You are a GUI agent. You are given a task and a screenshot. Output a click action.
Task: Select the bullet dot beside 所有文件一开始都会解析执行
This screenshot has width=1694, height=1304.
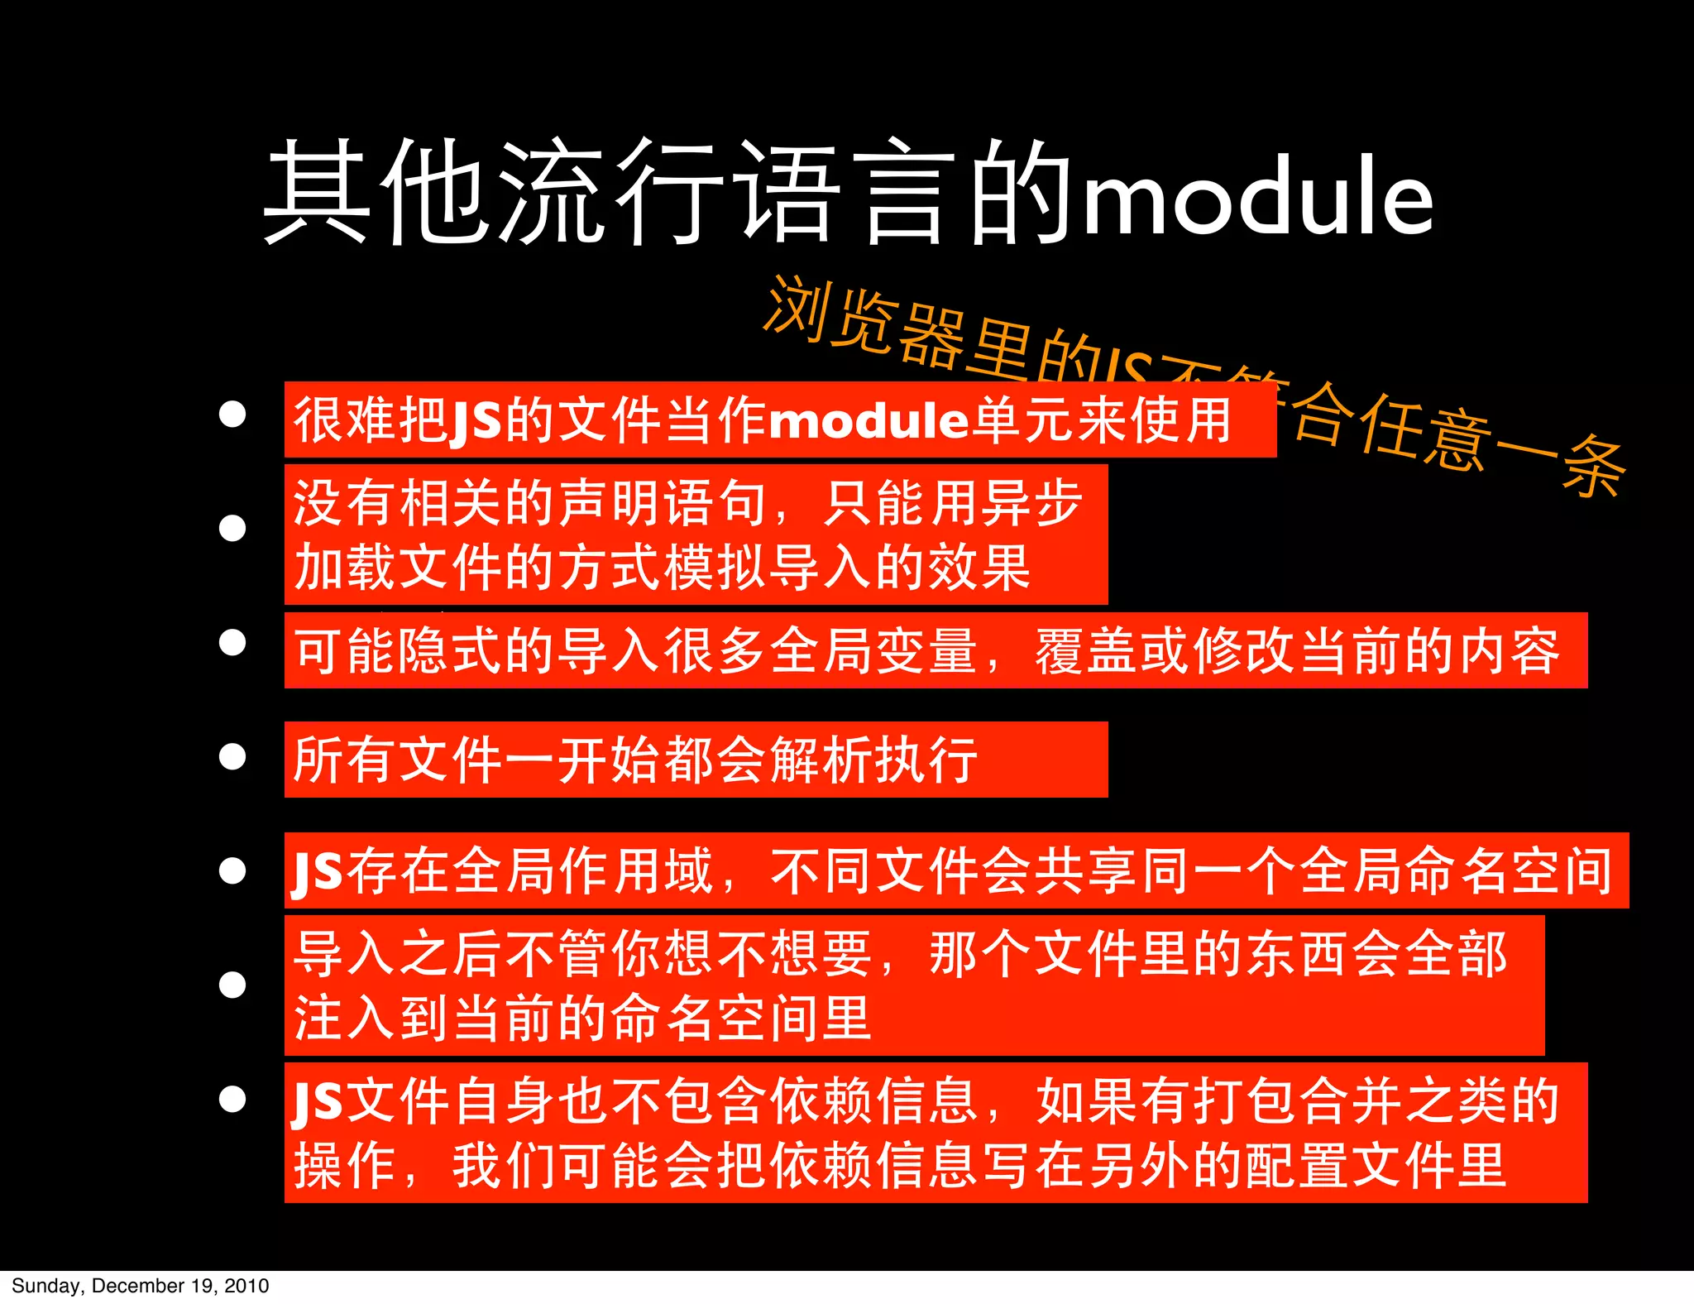[x=232, y=756]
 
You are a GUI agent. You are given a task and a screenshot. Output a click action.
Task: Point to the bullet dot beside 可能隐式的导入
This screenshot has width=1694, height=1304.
[x=232, y=642]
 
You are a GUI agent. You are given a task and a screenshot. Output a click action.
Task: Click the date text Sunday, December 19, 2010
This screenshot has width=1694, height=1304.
[x=141, y=1286]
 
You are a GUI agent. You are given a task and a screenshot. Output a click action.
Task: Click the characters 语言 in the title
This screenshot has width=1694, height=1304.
[x=844, y=192]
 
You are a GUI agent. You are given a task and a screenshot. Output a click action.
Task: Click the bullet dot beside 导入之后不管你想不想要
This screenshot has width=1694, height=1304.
[x=232, y=985]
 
